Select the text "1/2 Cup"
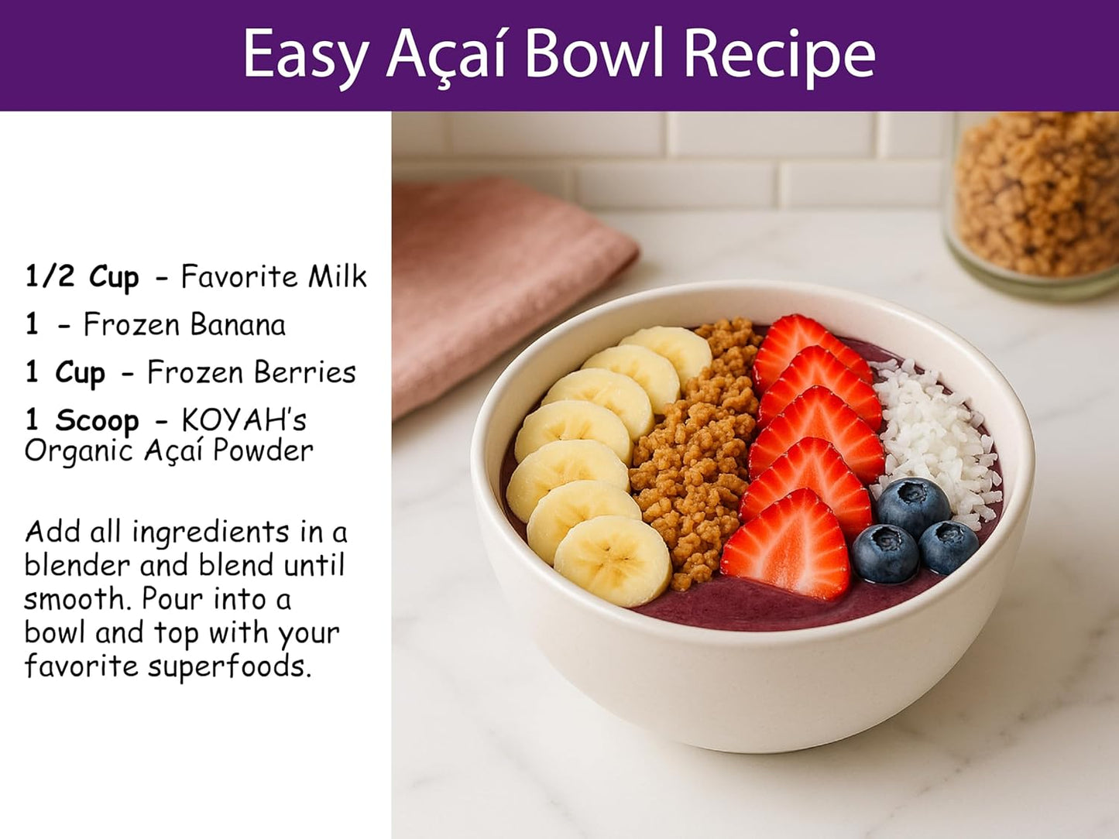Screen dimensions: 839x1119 (x=81, y=276)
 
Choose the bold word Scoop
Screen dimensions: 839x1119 (x=97, y=420)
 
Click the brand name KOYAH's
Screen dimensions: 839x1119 (x=244, y=420)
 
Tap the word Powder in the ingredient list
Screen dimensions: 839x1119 (x=263, y=450)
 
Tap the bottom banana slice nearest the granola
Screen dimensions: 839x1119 (x=613, y=560)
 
